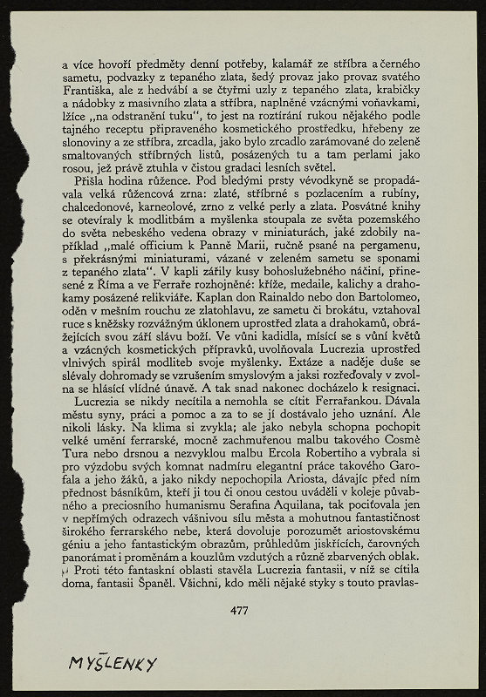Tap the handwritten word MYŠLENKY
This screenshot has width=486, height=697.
pyautogui.click(x=113, y=664)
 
